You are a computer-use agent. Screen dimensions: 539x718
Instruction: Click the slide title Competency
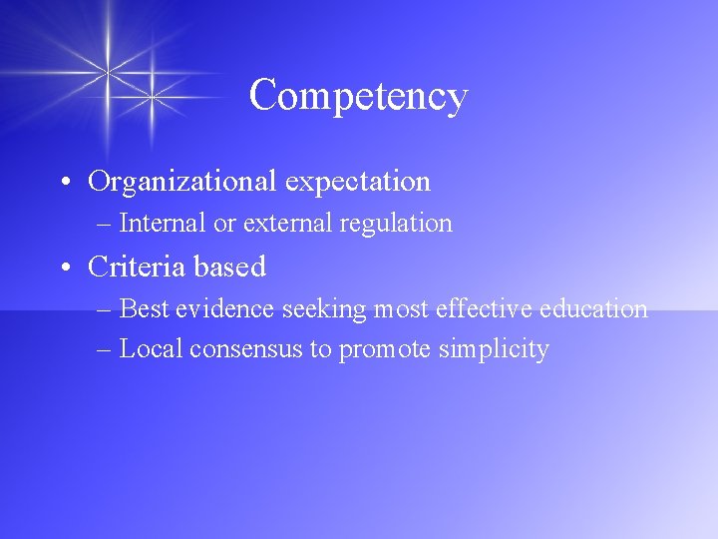tap(358, 97)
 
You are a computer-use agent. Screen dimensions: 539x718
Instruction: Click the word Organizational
tap(182, 182)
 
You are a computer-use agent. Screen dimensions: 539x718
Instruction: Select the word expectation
tap(358, 182)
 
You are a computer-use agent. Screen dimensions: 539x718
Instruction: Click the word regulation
tap(396, 224)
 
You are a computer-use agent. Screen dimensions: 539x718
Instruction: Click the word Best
tap(145, 308)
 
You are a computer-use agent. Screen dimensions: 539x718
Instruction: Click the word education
tap(593, 308)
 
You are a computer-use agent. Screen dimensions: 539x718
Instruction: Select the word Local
tap(151, 349)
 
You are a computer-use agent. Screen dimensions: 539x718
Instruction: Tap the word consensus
tap(241, 349)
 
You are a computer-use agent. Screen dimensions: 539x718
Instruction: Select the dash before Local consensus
tap(106, 349)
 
